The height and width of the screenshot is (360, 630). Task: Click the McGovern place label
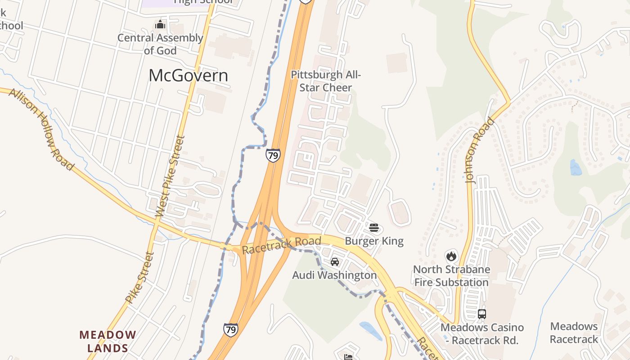(x=188, y=76)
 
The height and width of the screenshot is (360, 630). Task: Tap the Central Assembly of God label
(x=160, y=44)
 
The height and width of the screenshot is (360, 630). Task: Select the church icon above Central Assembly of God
(x=160, y=25)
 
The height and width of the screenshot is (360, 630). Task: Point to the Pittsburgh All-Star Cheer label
(x=326, y=81)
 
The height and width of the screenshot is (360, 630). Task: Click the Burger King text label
(x=374, y=241)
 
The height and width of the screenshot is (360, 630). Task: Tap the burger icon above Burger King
(x=373, y=228)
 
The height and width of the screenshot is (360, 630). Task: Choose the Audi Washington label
(x=334, y=275)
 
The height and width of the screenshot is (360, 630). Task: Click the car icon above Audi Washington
(x=334, y=261)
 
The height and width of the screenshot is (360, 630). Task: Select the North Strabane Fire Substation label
(x=451, y=276)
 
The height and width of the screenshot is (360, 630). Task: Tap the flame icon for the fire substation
(x=451, y=256)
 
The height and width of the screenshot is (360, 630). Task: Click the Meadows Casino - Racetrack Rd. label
(x=482, y=333)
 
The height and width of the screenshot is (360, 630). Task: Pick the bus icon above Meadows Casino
(x=482, y=314)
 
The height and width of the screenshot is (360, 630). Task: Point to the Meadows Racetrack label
(x=574, y=333)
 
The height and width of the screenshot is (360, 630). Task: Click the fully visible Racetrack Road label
(x=282, y=245)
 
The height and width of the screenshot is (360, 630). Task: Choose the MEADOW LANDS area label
(x=108, y=342)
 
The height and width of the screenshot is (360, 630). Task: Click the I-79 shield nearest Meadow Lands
(x=230, y=330)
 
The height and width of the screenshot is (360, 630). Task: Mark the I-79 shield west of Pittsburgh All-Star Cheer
(x=273, y=156)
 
